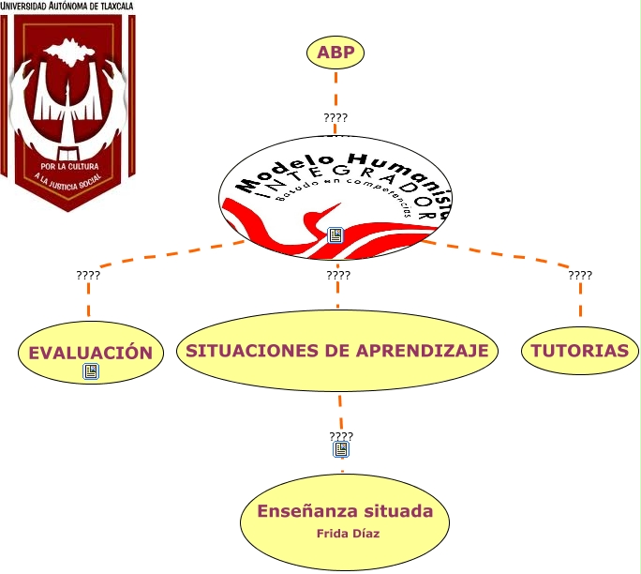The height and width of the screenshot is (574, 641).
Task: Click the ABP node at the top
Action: click(x=335, y=53)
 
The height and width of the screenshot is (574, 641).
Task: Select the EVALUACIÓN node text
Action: click(x=90, y=353)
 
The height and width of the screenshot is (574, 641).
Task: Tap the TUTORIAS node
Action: click(x=580, y=352)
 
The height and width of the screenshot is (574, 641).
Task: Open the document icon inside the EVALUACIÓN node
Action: click(x=91, y=372)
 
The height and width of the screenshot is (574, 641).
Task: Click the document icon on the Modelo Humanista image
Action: click(x=336, y=235)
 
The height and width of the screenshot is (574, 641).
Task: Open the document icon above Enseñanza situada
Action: click(x=341, y=449)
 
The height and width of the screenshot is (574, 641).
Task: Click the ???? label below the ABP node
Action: click(x=335, y=118)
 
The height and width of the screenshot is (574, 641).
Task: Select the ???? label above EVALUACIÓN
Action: click(x=88, y=276)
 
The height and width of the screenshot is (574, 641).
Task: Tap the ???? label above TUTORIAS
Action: click(x=580, y=276)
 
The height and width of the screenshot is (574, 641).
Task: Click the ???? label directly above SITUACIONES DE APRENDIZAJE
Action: click(x=338, y=276)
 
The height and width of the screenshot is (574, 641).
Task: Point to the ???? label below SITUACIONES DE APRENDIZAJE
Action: click(x=341, y=436)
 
